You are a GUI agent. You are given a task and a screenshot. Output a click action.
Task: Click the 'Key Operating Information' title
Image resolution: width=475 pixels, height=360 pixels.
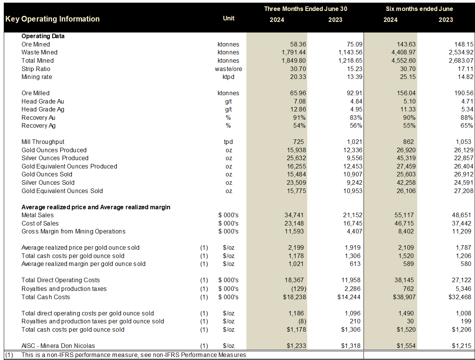[53, 19]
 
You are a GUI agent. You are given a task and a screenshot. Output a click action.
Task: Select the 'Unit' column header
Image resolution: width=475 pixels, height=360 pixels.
[229, 18]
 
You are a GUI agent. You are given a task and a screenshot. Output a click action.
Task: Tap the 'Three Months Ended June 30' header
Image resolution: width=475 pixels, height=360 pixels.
[305, 9]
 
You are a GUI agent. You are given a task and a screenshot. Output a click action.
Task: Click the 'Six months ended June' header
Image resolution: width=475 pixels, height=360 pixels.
[419, 9]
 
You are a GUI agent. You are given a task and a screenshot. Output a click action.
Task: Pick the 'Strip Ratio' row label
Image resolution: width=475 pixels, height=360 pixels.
[36, 69]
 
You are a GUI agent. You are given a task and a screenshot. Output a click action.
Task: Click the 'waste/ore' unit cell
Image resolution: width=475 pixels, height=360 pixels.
[229, 69]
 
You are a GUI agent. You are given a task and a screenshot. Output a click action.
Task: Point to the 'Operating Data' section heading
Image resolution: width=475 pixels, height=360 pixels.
[43, 36]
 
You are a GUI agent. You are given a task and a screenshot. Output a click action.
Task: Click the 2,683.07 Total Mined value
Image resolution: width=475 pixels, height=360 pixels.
[461, 60]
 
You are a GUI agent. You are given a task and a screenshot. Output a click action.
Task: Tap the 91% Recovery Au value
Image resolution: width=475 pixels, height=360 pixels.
[299, 117]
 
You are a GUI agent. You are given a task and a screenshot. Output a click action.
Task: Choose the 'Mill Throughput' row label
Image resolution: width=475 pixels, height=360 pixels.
[43, 142]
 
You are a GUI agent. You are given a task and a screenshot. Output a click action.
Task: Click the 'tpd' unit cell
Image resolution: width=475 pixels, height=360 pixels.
[228, 142]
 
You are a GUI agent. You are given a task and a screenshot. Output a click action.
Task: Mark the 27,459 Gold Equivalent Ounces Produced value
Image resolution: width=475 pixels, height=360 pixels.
[406, 166]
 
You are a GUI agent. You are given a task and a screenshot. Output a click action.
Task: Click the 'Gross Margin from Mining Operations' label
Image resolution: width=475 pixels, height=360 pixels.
[73, 231]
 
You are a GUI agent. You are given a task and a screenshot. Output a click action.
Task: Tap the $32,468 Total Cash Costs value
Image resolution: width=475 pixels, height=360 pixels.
[461, 297]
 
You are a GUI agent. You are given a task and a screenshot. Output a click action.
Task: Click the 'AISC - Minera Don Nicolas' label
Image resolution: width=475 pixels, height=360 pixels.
[58, 346]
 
